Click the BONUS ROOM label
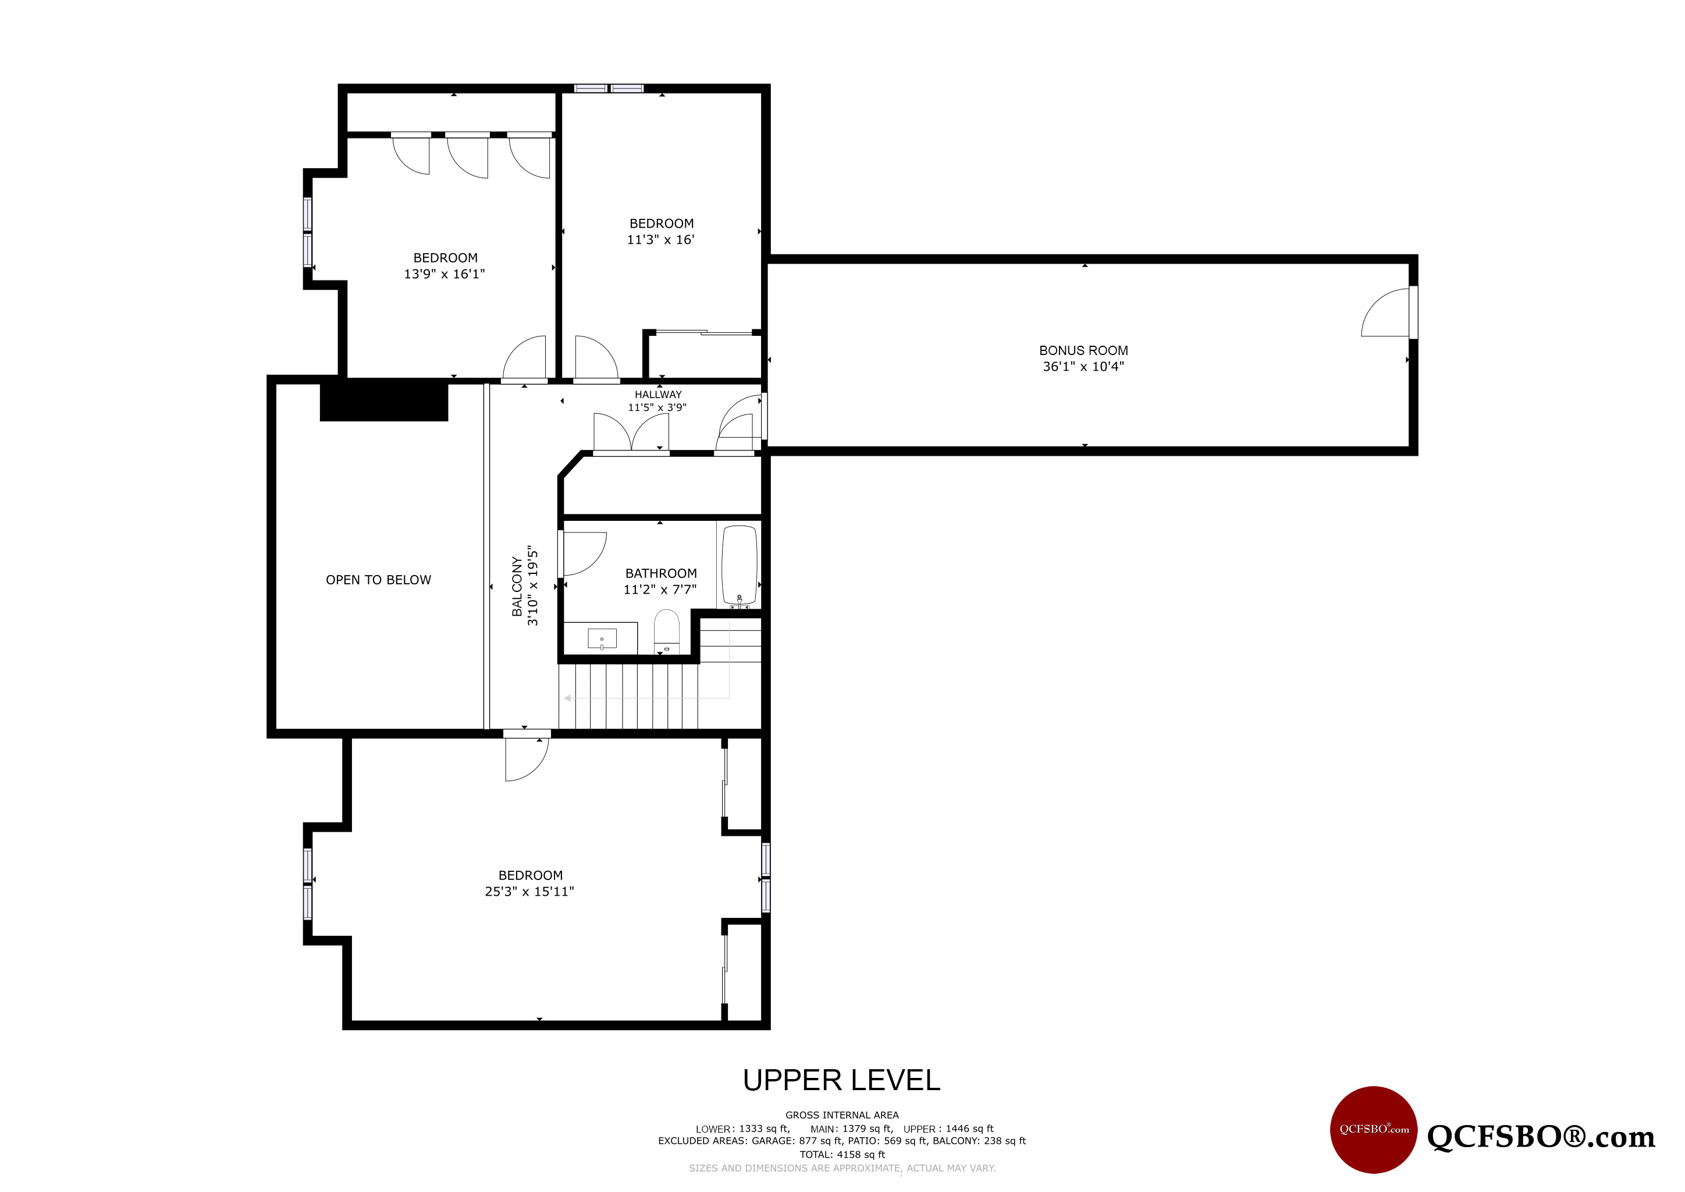(1083, 351)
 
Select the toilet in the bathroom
(666, 632)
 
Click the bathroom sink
(602, 638)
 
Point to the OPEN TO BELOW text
(378, 580)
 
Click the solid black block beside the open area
(384, 401)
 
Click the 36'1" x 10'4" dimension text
(1083, 366)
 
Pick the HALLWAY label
(657, 395)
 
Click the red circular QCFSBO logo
(1374, 1130)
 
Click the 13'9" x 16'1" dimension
(444, 274)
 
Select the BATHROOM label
(660, 573)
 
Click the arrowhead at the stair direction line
(568, 698)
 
